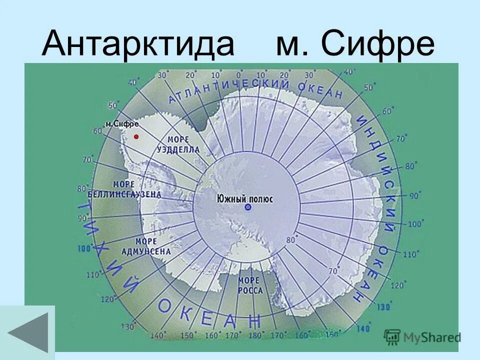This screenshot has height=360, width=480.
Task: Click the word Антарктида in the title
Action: coord(138,43)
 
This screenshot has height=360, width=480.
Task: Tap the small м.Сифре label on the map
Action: coord(122,123)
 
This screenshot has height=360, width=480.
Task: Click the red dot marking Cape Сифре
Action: coord(136,136)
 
